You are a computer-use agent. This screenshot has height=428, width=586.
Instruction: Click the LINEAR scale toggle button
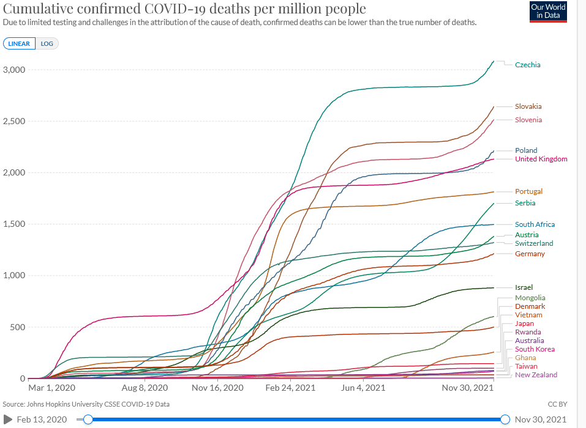click(20, 44)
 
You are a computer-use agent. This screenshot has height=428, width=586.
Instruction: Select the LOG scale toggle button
click(47, 44)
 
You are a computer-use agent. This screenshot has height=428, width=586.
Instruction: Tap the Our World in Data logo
click(548, 12)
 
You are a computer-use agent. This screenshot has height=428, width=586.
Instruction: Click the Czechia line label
click(527, 65)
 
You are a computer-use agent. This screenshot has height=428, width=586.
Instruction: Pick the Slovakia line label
click(528, 106)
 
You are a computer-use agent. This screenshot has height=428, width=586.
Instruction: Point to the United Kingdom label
click(541, 159)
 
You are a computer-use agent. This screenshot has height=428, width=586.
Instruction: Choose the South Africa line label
click(534, 224)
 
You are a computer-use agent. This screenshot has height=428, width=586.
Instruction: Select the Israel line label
click(524, 287)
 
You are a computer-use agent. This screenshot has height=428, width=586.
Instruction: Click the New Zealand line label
click(536, 375)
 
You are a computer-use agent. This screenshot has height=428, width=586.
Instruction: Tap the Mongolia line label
click(530, 298)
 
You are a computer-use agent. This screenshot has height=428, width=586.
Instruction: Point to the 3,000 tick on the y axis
click(13, 70)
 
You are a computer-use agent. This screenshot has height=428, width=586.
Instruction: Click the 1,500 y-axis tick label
click(13, 224)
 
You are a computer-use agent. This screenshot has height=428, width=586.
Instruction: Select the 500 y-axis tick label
click(17, 327)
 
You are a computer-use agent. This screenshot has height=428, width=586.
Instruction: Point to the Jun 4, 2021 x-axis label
click(362, 388)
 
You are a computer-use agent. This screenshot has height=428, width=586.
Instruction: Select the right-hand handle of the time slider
click(505, 419)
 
